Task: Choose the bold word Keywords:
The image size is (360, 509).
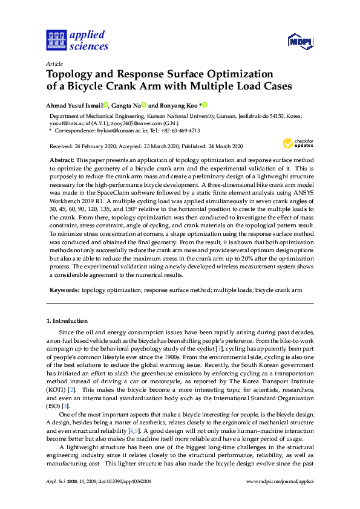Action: coord(64,290)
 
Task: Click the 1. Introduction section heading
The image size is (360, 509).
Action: coord(67,320)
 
